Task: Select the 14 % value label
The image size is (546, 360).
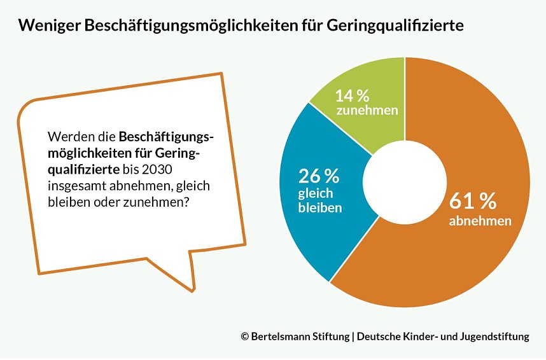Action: click(x=353, y=96)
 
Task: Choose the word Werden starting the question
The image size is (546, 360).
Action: click(x=66, y=137)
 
